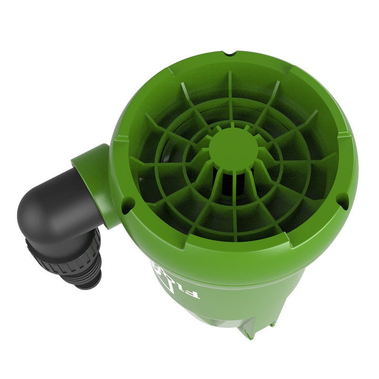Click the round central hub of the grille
(233, 149)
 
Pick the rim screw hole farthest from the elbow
(342, 200)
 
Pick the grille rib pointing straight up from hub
(231, 100)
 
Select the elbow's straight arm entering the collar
(74, 189)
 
